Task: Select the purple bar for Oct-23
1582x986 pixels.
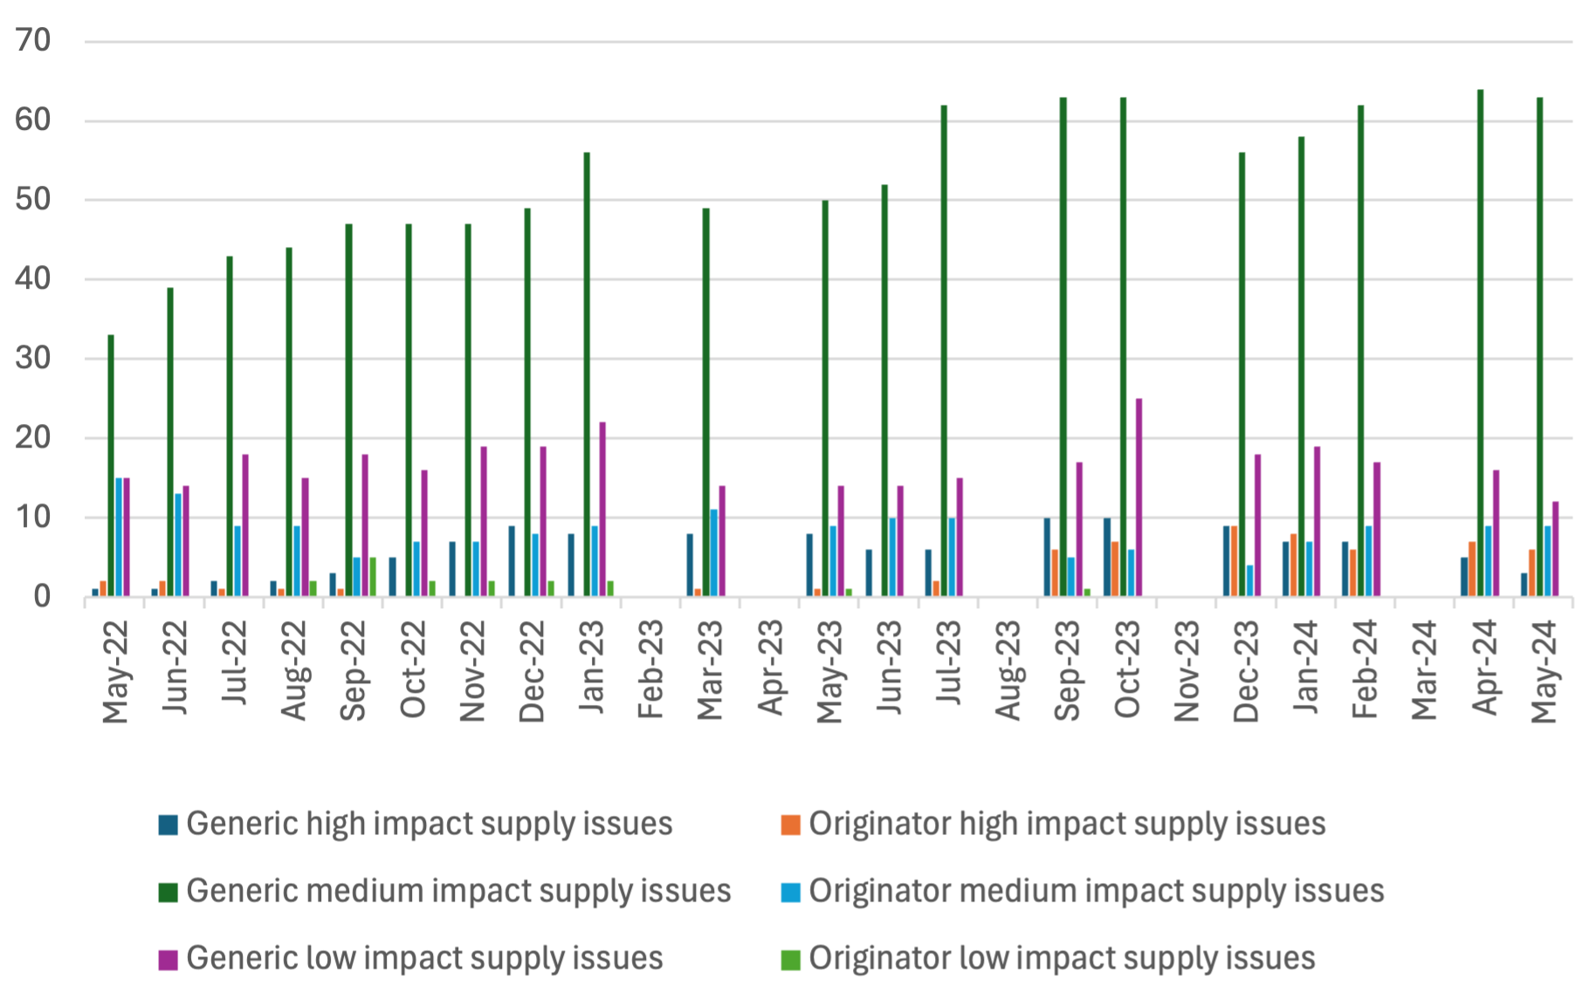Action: [1138, 497]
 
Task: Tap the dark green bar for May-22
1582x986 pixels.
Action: [111, 466]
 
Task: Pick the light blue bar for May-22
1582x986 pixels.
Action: [119, 538]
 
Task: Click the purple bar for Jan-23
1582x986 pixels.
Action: [602, 510]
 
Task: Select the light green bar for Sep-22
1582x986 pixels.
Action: [373, 577]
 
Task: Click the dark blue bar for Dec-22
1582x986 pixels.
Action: [512, 561]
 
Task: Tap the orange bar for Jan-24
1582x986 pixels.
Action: [1294, 565]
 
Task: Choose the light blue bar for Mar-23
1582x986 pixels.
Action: [713, 553]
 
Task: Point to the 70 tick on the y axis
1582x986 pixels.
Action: [33, 40]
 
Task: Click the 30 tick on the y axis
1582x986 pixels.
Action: [33, 359]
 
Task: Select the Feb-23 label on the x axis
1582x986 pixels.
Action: [651, 669]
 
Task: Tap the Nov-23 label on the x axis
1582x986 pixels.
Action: [1187, 671]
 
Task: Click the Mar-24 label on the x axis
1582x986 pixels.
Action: [1425, 670]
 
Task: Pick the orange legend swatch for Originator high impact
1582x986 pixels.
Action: [790, 825]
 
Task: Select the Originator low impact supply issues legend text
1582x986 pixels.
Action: [1062, 958]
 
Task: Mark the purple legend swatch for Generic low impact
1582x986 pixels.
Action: [169, 959]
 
